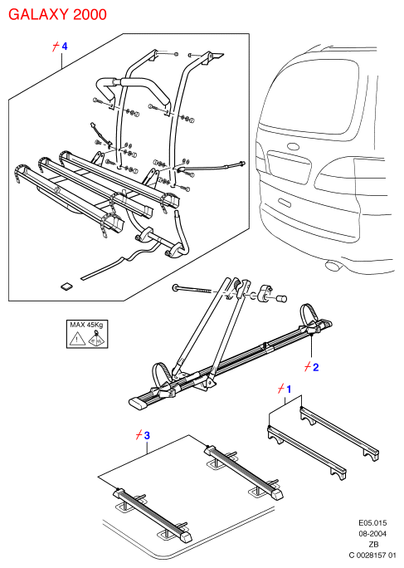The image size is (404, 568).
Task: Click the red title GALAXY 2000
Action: point(57,14)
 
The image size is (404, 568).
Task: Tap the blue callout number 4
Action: point(65,47)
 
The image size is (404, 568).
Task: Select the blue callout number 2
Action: point(316,367)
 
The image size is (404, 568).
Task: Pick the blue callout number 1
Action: point(289,389)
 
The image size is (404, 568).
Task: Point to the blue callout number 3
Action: point(147,435)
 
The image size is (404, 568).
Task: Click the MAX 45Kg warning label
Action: point(87,334)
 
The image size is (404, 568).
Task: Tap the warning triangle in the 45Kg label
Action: point(77,339)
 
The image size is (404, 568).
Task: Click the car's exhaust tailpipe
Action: point(333,266)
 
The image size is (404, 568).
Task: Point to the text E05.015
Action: point(372,522)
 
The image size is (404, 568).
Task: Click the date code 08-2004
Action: point(372,534)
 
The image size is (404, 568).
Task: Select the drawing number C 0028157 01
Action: point(372,555)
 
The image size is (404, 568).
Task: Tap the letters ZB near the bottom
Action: point(373,544)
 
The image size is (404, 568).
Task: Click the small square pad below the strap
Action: point(66,286)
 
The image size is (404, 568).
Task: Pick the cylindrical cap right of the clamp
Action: point(281,298)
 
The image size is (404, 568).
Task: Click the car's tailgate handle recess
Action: point(285,202)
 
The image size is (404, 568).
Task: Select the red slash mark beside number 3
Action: point(139,435)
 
